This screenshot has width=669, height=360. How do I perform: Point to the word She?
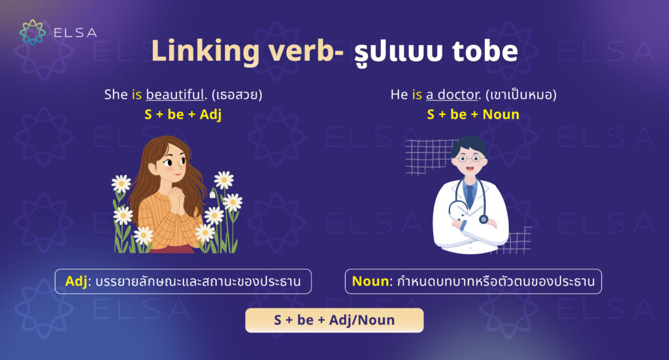pyautogui.click(x=116, y=95)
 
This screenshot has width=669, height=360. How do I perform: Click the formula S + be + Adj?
pyautogui.click(x=183, y=115)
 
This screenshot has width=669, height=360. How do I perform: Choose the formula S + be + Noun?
pyautogui.click(x=473, y=115)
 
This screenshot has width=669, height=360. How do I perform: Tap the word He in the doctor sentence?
pyautogui.click(x=399, y=95)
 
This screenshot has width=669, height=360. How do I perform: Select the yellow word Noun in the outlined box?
pyautogui.click(x=370, y=282)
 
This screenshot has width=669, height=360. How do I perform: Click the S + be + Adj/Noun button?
pyautogui.click(x=334, y=320)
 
